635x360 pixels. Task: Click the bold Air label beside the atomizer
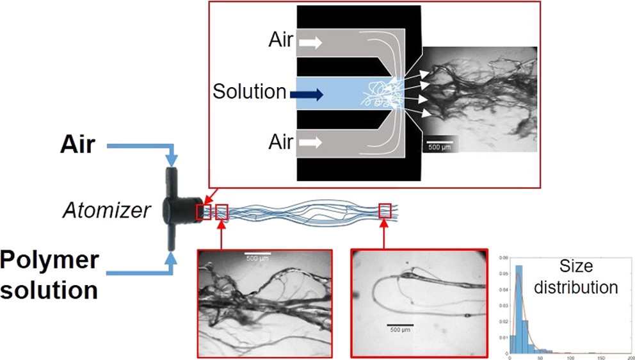78,145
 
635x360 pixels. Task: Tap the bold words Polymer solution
50,274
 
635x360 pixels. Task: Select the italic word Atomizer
107,209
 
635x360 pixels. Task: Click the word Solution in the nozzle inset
250,92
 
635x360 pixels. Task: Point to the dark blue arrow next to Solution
306,94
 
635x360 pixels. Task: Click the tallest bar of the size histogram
519,307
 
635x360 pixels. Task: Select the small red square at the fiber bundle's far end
385,210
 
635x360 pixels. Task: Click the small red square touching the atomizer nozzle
203,212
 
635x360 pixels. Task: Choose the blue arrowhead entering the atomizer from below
172,259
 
